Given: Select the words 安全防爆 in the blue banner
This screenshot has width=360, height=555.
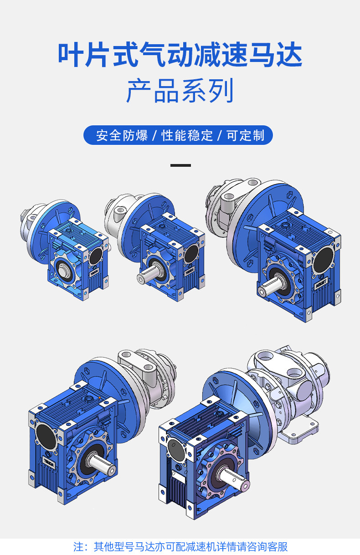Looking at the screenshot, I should pos(122,135).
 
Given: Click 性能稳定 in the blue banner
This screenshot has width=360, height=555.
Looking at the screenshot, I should pos(187,135).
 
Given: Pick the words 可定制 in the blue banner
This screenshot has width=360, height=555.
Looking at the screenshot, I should pos(245,135).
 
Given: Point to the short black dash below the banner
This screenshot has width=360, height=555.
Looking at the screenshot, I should pos(180,165).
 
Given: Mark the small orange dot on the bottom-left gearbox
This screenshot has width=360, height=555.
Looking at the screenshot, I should pos(99,397).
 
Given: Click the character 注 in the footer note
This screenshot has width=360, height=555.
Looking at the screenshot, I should pos(77,546).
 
